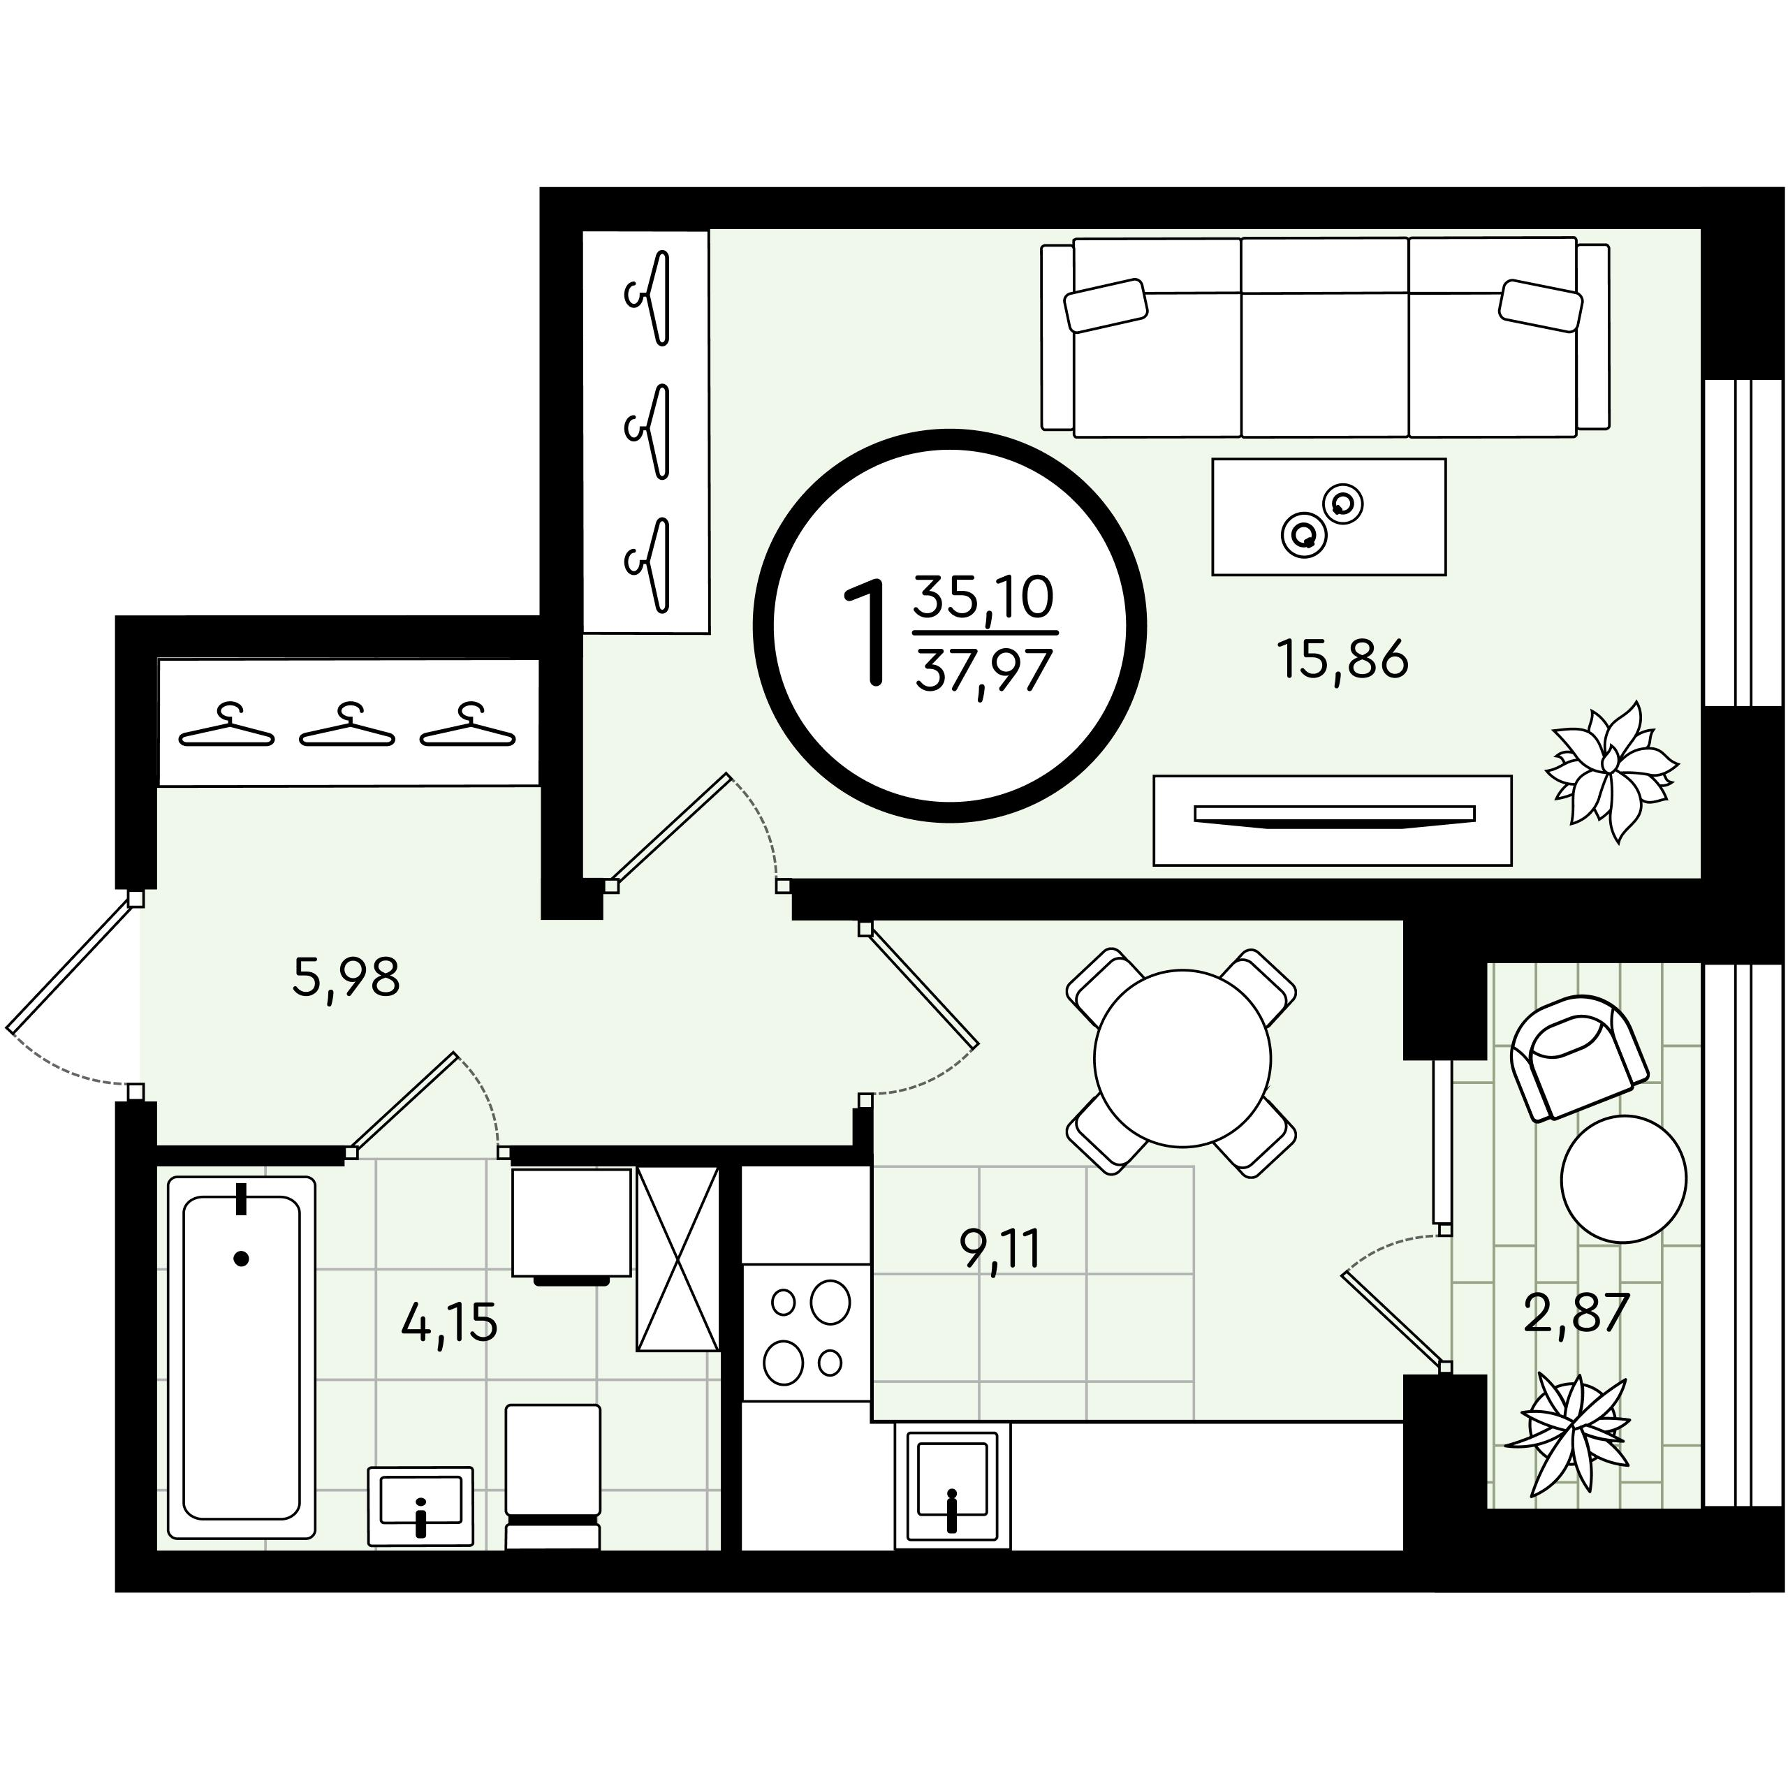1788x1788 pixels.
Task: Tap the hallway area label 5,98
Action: (346, 977)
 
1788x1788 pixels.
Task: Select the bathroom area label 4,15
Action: (449, 1321)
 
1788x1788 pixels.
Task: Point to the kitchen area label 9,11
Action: (1000, 1250)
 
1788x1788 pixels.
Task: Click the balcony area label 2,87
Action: (1576, 1312)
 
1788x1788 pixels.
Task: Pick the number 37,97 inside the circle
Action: (984, 671)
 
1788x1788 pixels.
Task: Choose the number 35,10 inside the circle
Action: (984, 597)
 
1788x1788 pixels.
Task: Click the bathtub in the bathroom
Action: (242, 1358)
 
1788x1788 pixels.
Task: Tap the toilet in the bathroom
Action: (552, 1477)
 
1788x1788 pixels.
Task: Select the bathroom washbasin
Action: (421, 1506)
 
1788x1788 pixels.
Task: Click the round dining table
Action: (1182, 1058)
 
